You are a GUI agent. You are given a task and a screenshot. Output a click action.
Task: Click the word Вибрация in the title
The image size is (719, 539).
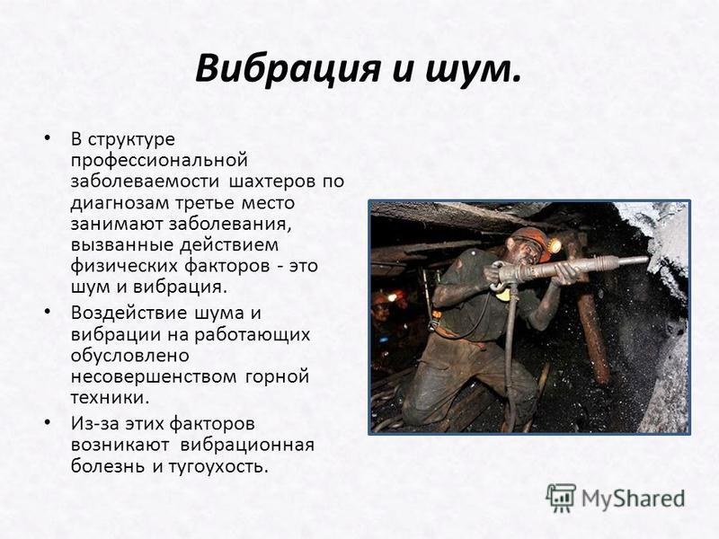288,68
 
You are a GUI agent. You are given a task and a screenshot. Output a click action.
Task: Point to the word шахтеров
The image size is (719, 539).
272,181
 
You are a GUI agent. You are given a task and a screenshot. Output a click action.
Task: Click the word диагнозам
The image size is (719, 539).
121,203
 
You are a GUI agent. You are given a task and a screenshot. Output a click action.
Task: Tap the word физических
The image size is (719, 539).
124,267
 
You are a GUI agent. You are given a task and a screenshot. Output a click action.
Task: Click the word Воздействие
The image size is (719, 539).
130,313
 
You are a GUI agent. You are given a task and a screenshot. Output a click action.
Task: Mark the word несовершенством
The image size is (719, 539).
154,377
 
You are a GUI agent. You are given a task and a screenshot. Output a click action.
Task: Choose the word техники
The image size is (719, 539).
110,397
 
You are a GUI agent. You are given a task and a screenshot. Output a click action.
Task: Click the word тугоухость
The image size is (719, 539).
217,466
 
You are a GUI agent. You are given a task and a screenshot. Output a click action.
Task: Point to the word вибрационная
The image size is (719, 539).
247,445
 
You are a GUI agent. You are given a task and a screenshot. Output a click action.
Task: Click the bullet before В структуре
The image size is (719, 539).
48,137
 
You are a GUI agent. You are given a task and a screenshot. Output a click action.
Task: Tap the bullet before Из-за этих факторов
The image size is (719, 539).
48,422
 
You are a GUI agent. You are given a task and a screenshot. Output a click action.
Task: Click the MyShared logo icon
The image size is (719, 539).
561,498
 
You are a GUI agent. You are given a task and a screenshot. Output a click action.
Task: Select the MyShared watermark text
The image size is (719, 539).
634,498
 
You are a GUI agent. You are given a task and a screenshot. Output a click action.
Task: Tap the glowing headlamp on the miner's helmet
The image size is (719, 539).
555,246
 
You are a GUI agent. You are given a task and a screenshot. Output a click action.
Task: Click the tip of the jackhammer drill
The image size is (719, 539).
647,260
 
